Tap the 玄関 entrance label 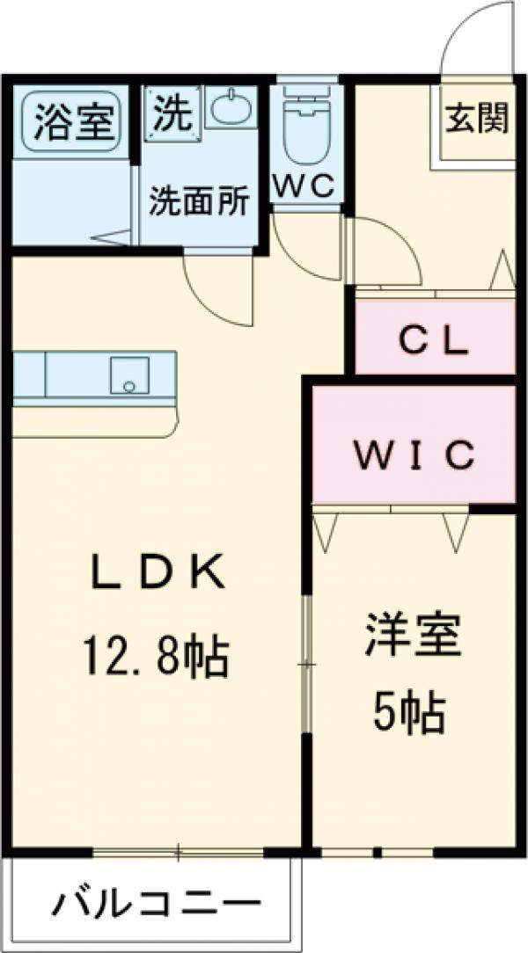[477, 119]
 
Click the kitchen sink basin [129, 375]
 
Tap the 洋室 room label [413, 635]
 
